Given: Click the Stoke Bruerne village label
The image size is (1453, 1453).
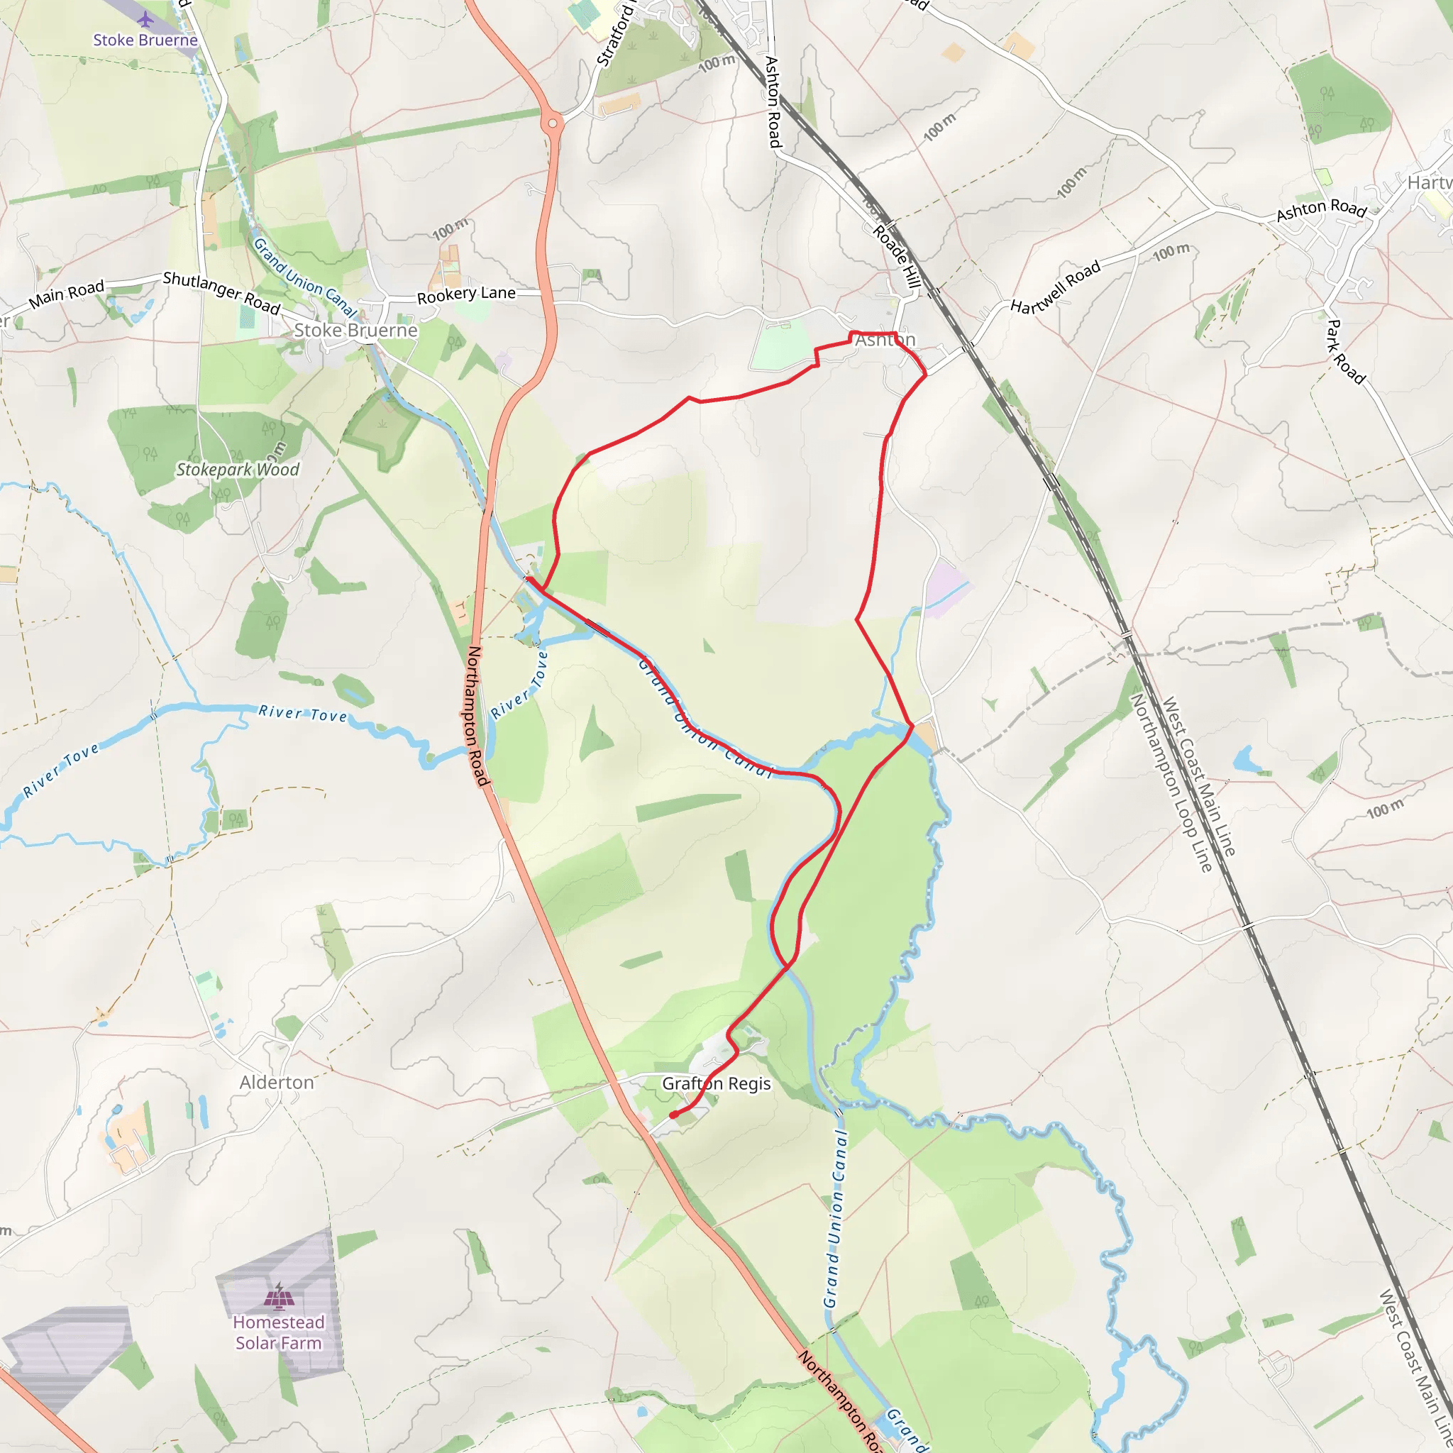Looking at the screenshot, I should click(x=355, y=330).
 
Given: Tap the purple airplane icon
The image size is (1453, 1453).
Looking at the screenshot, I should click(x=145, y=19).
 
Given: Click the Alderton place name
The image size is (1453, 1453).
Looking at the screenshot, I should click(x=277, y=1082).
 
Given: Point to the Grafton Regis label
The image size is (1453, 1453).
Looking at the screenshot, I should click(x=716, y=1084).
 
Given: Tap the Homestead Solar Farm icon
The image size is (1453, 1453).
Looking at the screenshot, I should click(x=279, y=1295).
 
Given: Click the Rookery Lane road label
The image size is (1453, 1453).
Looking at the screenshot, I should click(x=466, y=294).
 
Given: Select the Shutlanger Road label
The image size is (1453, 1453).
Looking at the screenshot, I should click(x=222, y=292).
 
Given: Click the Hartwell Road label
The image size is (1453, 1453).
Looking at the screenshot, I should click(x=1055, y=287).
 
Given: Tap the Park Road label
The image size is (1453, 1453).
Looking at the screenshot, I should click(x=1344, y=352).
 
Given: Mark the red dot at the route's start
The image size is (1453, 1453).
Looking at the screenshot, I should click(x=674, y=1115).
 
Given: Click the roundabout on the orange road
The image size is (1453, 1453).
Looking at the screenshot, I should click(x=553, y=123).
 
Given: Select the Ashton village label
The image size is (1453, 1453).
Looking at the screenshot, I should click(x=885, y=340).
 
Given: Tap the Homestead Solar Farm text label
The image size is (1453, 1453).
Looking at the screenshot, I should click(x=278, y=1332).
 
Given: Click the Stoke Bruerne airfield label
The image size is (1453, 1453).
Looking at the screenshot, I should click(x=145, y=40).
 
